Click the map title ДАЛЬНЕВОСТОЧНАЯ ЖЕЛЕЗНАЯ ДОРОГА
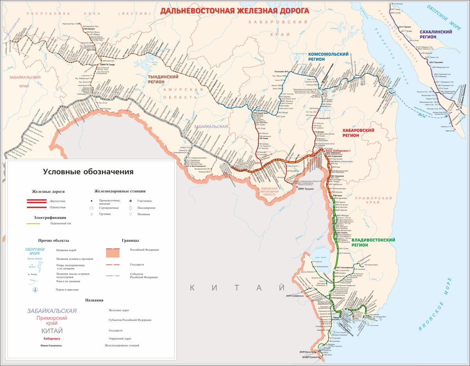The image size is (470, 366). [235, 11]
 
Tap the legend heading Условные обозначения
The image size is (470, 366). [88, 172]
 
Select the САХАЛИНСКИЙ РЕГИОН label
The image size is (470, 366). [433, 35]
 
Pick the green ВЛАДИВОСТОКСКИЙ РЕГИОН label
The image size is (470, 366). [367, 242]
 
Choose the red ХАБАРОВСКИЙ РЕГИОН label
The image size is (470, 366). [358, 133]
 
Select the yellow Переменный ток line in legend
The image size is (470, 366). [33, 224]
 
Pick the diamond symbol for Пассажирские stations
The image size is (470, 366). [131, 208]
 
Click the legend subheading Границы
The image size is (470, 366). [130, 240]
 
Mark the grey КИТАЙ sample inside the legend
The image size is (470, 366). [52, 331]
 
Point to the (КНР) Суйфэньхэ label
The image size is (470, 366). [295, 295]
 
